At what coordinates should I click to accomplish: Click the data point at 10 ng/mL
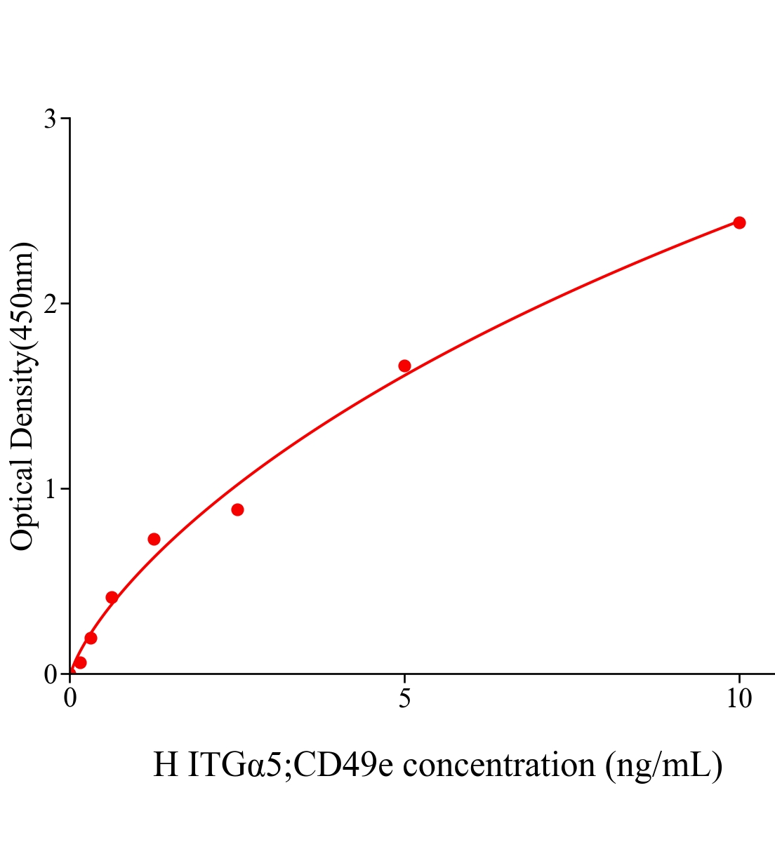[x=738, y=222]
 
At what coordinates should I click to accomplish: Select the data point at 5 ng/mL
[x=404, y=366]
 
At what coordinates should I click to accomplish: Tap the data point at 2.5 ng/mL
[x=237, y=509]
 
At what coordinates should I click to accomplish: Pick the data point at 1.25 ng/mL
[x=154, y=539]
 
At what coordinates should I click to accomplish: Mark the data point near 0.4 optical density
[x=112, y=597]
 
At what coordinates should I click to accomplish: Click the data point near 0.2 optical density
[x=91, y=638]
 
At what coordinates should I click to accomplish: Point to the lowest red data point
[x=80, y=662]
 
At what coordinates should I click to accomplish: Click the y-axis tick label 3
[x=50, y=119]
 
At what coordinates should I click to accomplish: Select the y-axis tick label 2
[x=50, y=304]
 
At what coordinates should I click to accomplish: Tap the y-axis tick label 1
[x=50, y=489]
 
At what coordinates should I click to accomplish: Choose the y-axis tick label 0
[x=50, y=674]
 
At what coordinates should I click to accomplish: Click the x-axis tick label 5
[x=404, y=699]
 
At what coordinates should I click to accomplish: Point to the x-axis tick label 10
[x=738, y=699]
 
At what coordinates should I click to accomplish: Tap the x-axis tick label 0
[x=70, y=699]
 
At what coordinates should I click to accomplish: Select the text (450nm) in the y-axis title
[x=22, y=302]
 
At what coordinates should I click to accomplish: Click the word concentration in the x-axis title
[x=499, y=765]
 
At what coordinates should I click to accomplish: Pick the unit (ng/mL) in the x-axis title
[x=664, y=765]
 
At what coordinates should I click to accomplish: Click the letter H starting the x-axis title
[x=166, y=765]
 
